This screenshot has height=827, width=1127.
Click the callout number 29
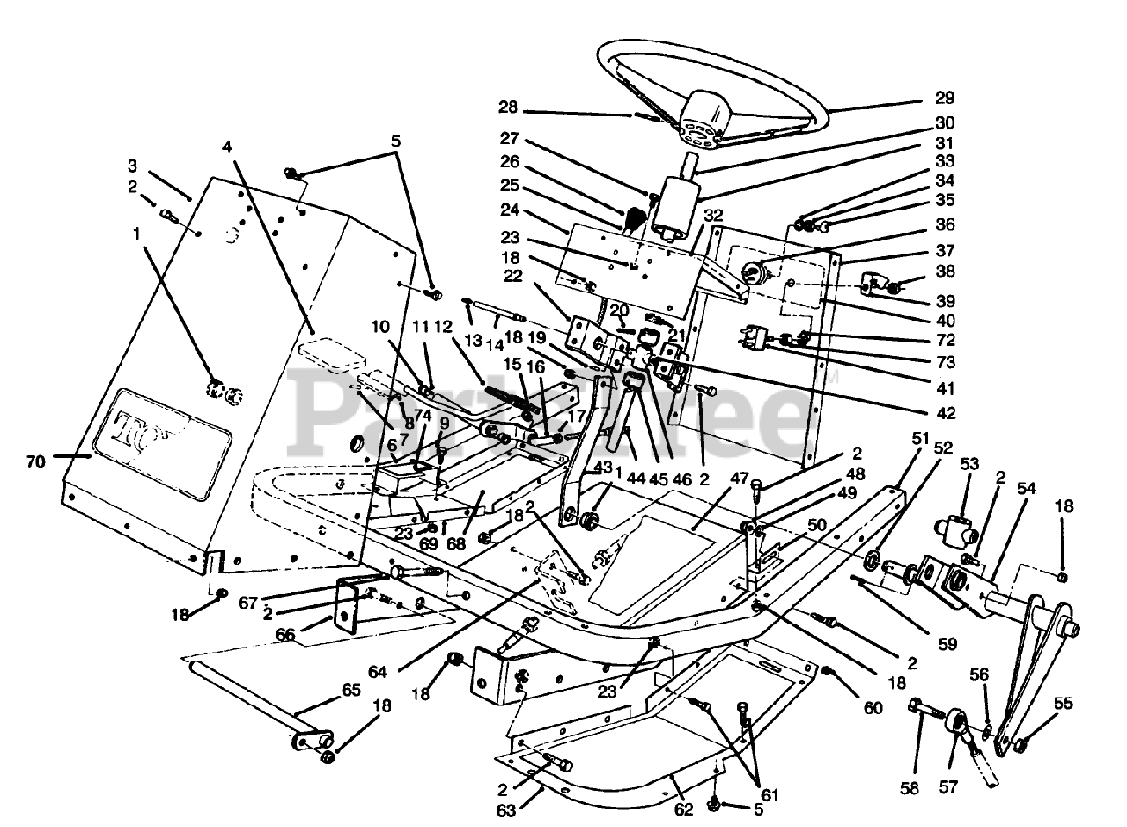(x=945, y=98)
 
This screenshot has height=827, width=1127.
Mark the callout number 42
(x=945, y=411)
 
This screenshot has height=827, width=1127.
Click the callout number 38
(x=945, y=272)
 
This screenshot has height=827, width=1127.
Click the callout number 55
(x=1064, y=704)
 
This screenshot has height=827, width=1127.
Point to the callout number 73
(x=945, y=363)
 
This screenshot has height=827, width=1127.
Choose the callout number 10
(x=379, y=327)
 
